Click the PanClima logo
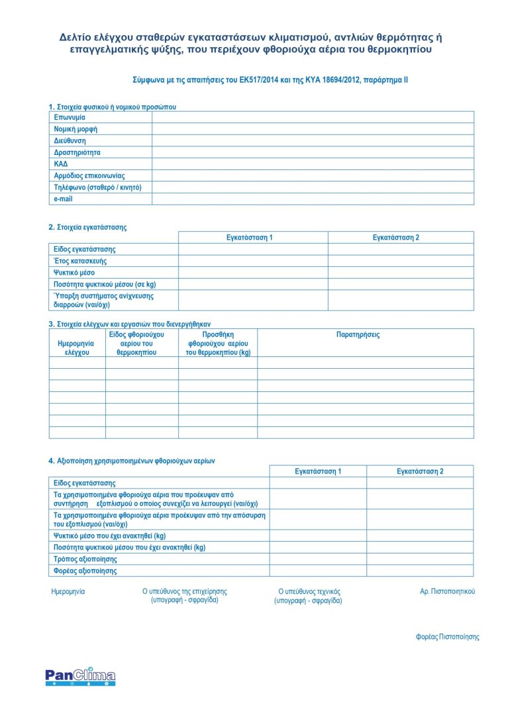click(80, 676)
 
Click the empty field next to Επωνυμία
click(313, 117)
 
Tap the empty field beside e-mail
click(313, 199)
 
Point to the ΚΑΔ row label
click(61, 164)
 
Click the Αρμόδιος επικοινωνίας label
click(89, 175)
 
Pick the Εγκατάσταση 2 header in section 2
click(395, 237)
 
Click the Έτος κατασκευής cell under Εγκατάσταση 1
click(253, 261)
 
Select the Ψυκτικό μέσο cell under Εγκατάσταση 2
click(401, 273)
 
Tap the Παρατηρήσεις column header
click(358, 335)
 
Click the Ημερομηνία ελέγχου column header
click(77, 348)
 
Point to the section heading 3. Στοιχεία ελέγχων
click(129, 324)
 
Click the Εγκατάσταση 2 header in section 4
click(420, 471)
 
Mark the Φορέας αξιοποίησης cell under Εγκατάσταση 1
click(318, 570)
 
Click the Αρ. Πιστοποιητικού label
click(447, 591)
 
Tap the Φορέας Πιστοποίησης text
click(447, 637)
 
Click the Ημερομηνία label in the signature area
click(68, 591)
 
